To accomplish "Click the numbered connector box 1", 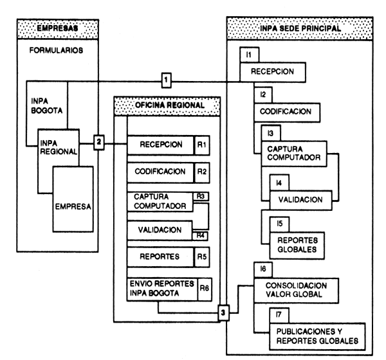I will (x=166, y=80).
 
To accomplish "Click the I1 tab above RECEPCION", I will (x=248, y=57).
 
